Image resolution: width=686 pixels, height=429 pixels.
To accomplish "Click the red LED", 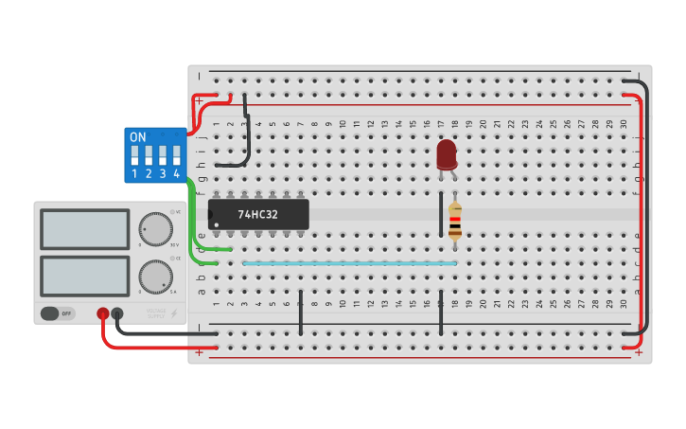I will (x=447, y=154).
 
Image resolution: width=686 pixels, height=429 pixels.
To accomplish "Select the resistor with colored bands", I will (x=455, y=222).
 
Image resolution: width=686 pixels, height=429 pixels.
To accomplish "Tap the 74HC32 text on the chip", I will (x=258, y=215).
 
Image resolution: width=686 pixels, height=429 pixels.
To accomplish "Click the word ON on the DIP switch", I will (x=138, y=137).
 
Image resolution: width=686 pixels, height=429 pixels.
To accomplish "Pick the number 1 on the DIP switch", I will (x=134, y=174).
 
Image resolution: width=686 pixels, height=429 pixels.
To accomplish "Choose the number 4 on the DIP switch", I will (x=176, y=174).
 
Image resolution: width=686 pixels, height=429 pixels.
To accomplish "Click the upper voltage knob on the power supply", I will (x=155, y=228).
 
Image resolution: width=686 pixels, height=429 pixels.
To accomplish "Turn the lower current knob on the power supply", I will (x=155, y=276).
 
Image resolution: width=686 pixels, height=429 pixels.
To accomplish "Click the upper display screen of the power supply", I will (x=85, y=228).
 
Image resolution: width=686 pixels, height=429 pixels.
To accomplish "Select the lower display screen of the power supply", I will (x=85, y=275).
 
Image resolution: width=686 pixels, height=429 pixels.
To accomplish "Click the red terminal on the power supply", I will (x=102, y=313).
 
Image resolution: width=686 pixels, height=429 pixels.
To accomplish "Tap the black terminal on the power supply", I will (x=117, y=313).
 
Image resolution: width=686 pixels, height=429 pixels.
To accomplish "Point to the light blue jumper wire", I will (x=350, y=263).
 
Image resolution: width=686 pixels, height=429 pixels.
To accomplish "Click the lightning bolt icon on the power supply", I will (x=172, y=313).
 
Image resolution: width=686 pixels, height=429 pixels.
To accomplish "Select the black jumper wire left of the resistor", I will (x=441, y=214).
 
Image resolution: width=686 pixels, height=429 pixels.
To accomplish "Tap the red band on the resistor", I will (x=455, y=219).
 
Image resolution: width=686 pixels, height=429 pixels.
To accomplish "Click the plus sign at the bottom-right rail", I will (x=639, y=352).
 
